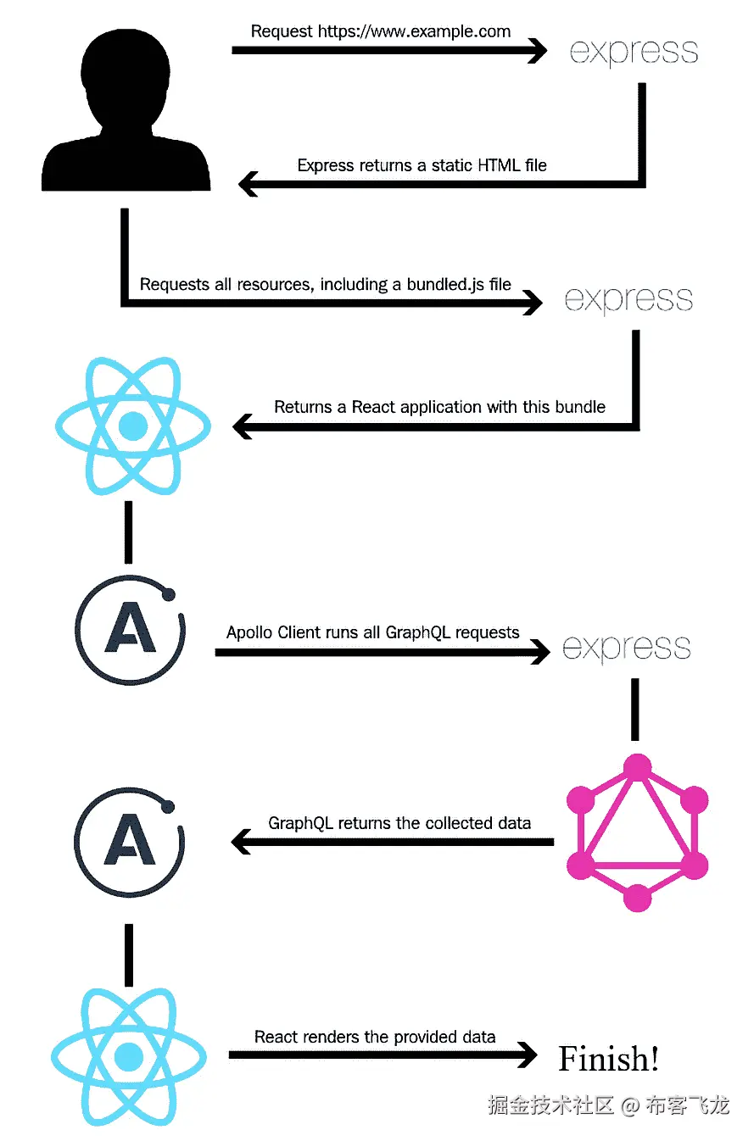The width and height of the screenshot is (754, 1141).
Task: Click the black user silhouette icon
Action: click(x=126, y=110)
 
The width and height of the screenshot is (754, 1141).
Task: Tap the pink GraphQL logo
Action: click(x=636, y=834)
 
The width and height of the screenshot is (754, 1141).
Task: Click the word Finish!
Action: click(x=608, y=1059)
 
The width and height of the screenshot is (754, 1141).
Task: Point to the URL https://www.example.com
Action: click(x=414, y=32)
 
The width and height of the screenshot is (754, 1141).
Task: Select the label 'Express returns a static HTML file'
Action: click(x=422, y=165)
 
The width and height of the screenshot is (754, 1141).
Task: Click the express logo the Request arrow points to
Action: click(x=634, y=52)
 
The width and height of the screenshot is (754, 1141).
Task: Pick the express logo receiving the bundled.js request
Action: click(x=628, y=299)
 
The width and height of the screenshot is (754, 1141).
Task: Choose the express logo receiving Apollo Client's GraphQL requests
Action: click(x=626, y=648)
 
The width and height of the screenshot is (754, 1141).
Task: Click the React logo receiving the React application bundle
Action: click(x=131, y=426)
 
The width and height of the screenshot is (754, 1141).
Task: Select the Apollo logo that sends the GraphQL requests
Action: click(x=129, y=629)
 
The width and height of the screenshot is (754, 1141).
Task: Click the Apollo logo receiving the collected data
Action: click(x=129, y=843)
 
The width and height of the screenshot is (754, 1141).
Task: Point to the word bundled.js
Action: click(x=458, y=284)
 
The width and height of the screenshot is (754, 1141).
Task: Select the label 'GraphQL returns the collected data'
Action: click(x=399, y=823)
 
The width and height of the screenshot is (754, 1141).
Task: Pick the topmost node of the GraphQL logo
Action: click(x=636, y=769)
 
